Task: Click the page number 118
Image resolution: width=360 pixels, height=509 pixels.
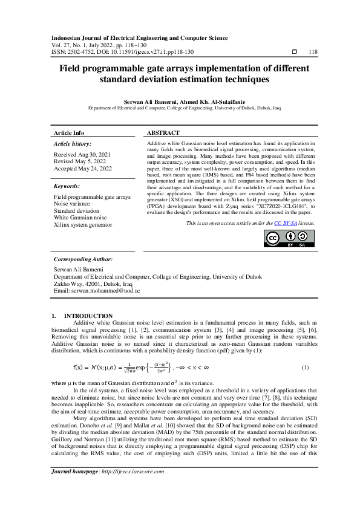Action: click(313, 52)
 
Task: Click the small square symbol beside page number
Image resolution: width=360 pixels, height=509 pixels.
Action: click(294, 52)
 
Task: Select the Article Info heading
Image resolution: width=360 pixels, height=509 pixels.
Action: click(70, 132)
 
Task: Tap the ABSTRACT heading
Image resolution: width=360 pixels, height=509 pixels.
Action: click(163, 132)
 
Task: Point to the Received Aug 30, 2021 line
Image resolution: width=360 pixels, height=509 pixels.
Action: click(79, 155)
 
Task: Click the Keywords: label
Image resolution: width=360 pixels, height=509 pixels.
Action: click(67, 186)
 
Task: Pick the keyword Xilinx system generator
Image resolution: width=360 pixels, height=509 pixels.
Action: click(83, 224)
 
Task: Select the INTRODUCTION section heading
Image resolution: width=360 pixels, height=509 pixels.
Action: click(88, 316)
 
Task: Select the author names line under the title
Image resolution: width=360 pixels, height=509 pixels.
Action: click(180, 102)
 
